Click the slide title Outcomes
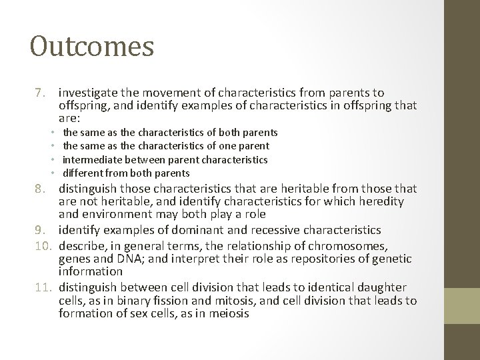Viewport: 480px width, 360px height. (x=92, y=47)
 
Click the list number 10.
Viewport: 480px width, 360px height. (x=39, y=245)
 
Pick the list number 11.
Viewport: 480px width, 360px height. (x=39, y=287)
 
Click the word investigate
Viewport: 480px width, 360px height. (x=89, y=93)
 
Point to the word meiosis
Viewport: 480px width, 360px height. (x=227, y=314)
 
